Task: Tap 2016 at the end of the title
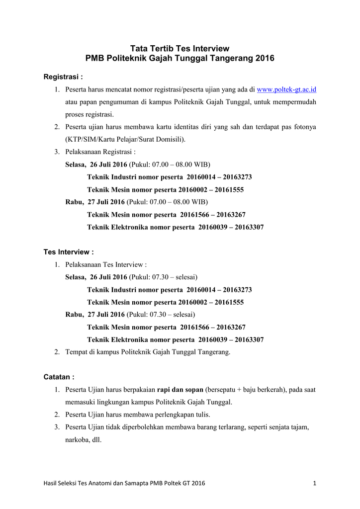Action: [x=265, y=59]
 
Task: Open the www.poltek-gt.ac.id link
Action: [x=286, y=90]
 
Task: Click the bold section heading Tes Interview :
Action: [x=69, y=252]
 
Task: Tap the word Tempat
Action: [x=77, y=352]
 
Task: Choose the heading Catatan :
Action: [x=59, y=377]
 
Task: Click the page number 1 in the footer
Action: [x=315, y=483]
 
